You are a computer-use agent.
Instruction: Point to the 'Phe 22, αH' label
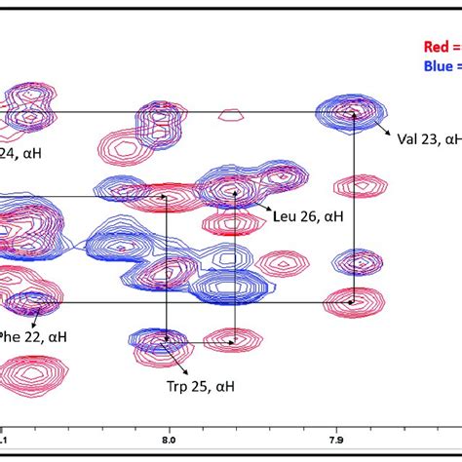[33, 337]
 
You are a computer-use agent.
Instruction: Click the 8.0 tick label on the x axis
[170, 440]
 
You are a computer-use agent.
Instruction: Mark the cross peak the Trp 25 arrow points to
[166, 341]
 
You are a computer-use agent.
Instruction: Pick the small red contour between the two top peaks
[230, 114]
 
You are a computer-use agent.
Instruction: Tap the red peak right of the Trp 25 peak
[232, 341]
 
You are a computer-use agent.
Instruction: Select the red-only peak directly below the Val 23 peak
[355, 185]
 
